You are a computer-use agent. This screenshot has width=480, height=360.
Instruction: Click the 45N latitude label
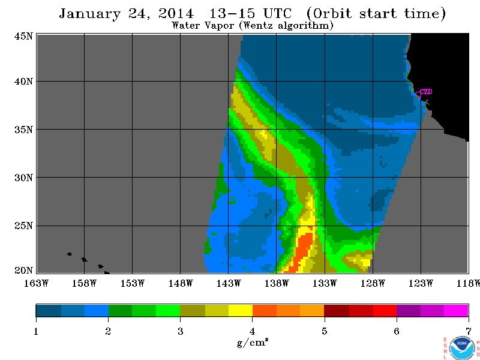coord(23,36)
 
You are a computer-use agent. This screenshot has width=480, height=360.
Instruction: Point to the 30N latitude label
coord(23,178)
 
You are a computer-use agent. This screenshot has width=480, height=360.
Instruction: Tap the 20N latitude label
coord(23,271)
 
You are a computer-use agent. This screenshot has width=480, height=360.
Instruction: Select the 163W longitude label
coord(36,283)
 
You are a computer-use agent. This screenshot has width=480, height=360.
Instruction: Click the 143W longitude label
coord(229,283)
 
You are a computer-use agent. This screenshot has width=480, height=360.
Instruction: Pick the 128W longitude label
coord(373,283)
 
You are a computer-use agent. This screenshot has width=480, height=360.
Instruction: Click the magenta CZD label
coord(426,92)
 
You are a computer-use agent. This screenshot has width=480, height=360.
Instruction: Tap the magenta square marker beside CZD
coord(418,95)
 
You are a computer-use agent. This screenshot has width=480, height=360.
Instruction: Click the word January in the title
coord(89,14)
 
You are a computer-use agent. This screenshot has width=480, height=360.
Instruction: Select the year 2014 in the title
coord(176,13)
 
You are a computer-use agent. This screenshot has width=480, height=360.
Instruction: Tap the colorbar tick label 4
coord(252,331)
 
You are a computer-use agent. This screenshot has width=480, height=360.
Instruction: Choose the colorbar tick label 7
coord(469,331)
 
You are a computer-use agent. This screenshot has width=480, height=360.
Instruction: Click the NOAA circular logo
coord(462,348)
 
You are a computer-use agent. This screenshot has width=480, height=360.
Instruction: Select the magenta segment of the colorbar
coord(456,310)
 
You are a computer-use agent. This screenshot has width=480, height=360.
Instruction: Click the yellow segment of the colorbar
coord(241,310)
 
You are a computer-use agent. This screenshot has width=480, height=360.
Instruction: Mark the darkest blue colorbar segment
coord(49,310)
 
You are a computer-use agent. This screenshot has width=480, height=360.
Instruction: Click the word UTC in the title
coord(278,13)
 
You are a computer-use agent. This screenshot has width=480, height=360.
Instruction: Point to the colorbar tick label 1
coord(36,331)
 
